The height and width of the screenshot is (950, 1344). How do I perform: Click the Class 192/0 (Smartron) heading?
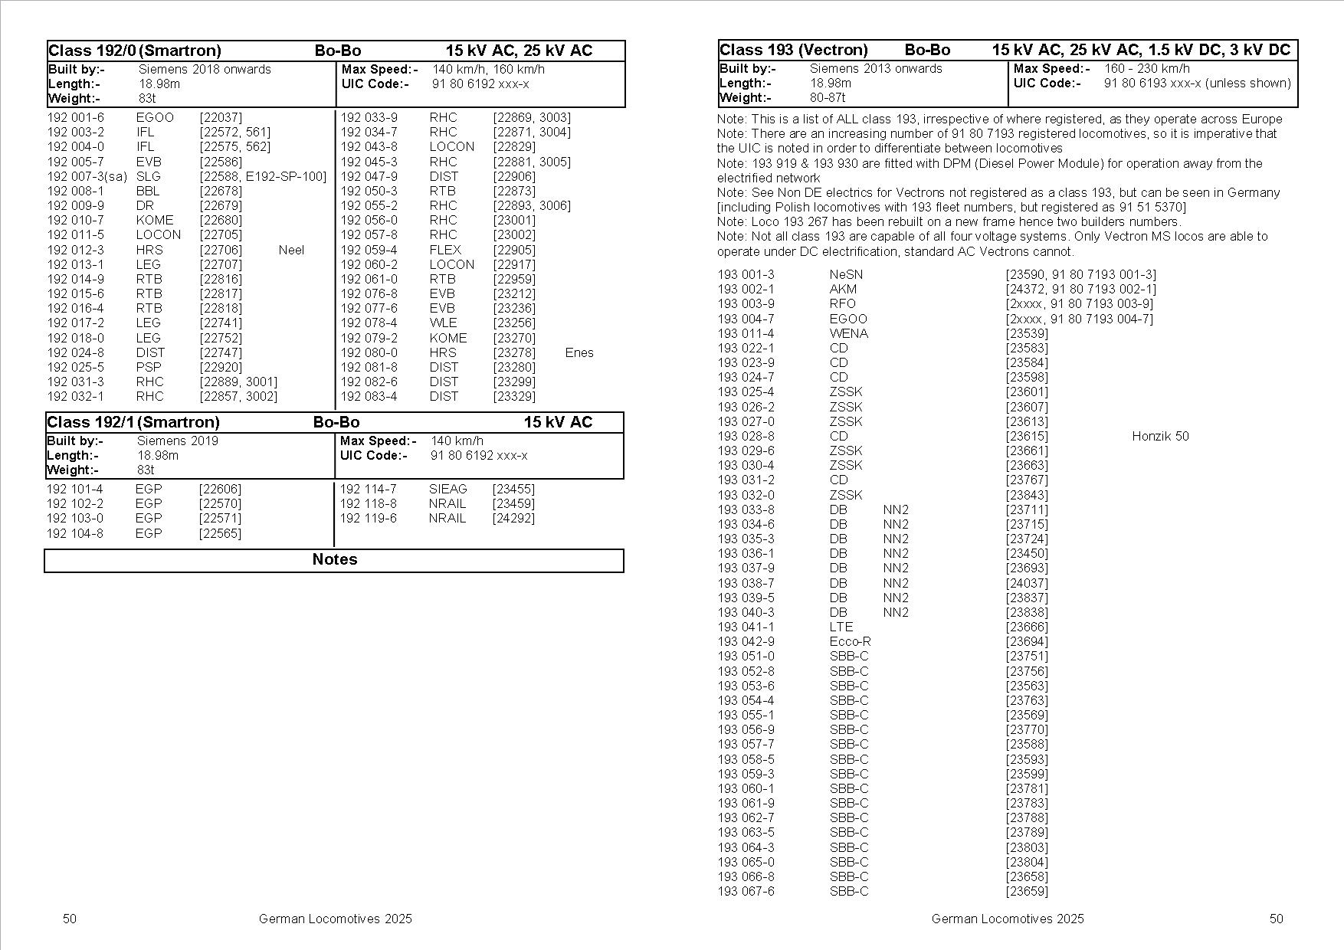(135, 51)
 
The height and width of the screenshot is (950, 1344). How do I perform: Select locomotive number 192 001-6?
(76, 117)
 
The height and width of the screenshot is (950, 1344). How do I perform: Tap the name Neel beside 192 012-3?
(291, 250)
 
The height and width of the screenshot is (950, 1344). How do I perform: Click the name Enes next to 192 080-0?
(579, 352)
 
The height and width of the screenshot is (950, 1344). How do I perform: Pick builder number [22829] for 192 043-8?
(514, 146)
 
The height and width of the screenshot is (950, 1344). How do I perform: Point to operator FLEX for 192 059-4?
(445, 250)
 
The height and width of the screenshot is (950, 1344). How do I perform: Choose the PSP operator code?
(149, 367)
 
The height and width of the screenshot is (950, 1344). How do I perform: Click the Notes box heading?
(335, 559)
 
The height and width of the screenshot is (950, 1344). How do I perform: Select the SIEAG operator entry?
(447, 489)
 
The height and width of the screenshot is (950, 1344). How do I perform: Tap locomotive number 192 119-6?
(369, 518)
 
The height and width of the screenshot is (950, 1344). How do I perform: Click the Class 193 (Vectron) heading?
(794, 50)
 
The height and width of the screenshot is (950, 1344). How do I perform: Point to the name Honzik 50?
(1160, 436)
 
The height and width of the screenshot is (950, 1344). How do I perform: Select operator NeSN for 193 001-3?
(846, 274)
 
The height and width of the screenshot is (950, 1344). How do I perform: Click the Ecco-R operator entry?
(850, 641)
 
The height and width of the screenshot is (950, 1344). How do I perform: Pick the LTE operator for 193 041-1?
(841, 627)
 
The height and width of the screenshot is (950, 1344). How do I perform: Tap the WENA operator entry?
(848, 333)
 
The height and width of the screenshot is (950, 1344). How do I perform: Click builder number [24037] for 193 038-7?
(1027, 583)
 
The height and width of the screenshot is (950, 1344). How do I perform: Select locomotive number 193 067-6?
(746, 891)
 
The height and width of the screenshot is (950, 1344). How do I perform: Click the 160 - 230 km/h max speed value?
(1147, 68)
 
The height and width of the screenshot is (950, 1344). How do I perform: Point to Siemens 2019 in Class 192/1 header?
(178, 441)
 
